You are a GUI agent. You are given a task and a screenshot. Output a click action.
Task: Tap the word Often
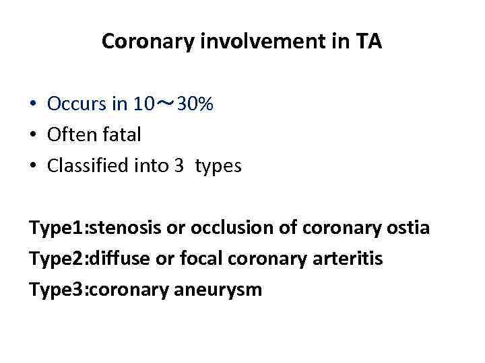[x=71, y=135]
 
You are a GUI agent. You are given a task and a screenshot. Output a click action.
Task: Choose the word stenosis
[x=126, y=228]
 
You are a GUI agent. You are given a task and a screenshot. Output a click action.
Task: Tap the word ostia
[x=407, y=228]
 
